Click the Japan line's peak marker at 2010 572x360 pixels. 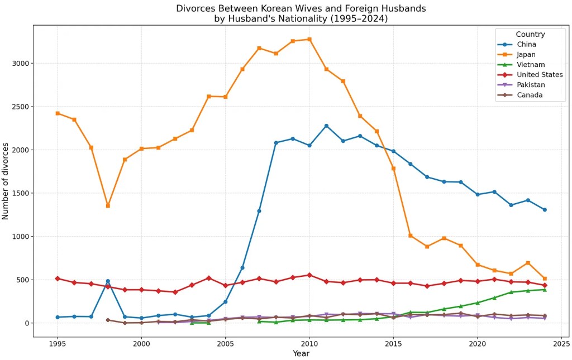tap(309, 40)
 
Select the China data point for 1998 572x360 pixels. tap(108, 281)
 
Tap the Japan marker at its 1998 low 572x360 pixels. tap(108, 206)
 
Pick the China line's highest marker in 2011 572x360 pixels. tap(326, 126)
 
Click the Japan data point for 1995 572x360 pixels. tap(57, 113)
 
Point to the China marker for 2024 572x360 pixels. tap(545, 210)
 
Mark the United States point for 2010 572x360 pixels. tap(309, 275)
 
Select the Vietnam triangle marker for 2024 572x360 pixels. tap(545, 290)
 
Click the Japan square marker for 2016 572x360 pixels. tap(410, 236)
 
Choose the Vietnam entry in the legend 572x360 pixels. tap(531, 65)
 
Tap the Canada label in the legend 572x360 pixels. tap(530, 95)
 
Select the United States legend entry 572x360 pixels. tap(539, 75)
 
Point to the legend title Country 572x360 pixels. tap(530, 35)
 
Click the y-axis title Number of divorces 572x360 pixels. tap(6, 181)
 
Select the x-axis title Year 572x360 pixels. tap(301, 353)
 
